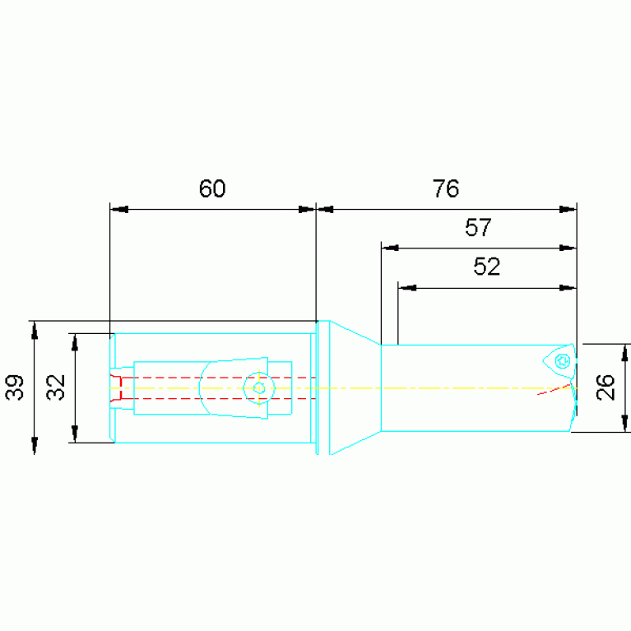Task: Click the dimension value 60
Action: [212, 188]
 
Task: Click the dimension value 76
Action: [445, 188]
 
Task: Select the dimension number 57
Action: [478, 227]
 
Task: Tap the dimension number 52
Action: [487, 267]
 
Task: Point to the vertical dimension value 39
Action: [15, 387]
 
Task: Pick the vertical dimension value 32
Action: [56, 387]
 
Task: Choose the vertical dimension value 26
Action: [605, 387]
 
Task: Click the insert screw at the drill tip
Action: [562, 360]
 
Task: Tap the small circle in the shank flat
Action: [259, 388]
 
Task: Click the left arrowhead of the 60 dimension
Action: [119, 209]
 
